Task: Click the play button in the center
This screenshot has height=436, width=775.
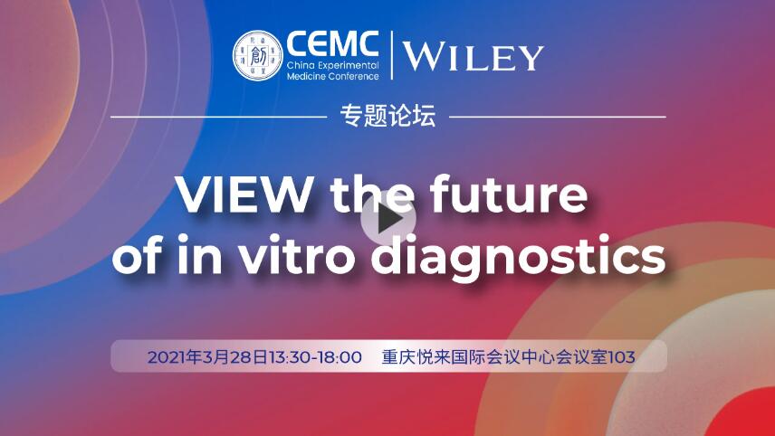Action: coord(387,219)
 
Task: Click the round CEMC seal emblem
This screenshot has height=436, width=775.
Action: coord(257,55)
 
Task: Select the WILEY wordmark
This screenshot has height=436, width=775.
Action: coord(473,57)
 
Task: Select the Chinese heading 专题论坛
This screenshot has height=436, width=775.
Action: coord(387,116)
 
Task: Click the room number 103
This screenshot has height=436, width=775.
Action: coord(622,357)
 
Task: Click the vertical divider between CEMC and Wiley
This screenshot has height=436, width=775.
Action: coord(392,55)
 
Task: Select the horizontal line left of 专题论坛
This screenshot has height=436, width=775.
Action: coord(217,117)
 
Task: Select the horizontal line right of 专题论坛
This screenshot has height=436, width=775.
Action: coord(557,117)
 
